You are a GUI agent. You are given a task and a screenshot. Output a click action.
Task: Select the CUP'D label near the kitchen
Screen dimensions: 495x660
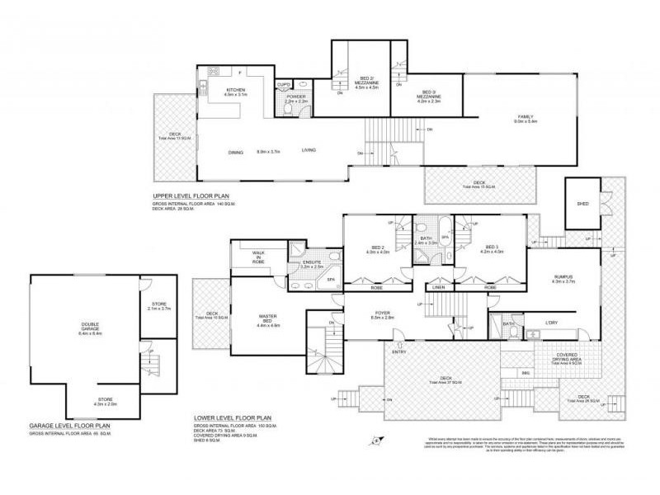pyautogui.click(x=283, y=83)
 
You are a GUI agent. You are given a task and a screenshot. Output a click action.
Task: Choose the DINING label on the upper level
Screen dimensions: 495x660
pyautogui.click(x=236, y=151)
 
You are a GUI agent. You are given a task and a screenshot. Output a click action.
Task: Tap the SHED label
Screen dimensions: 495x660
pyautogui.click(x=582, y=202)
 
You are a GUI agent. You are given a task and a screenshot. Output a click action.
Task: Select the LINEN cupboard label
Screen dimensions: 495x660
pyautogui.click(x=438, y=287)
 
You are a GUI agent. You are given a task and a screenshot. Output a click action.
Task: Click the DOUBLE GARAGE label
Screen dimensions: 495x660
pyautogui.click(x=88, y=328)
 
